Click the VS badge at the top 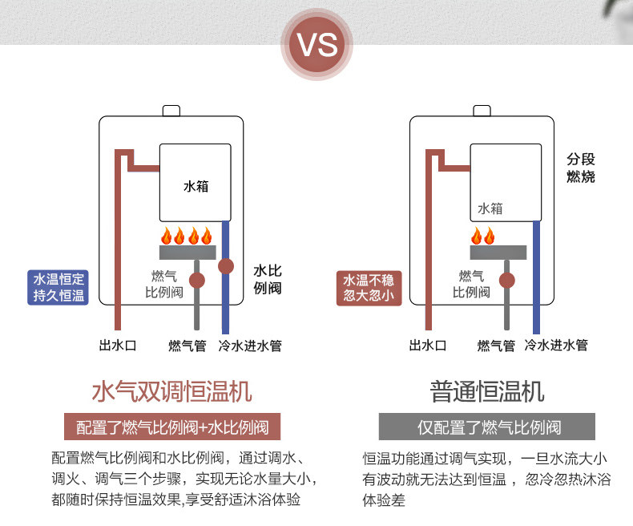317,44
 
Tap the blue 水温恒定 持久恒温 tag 58,287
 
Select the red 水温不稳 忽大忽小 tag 369,288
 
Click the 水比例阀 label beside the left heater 268,279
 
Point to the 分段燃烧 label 581,168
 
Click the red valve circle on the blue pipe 226,266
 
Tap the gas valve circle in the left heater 197,281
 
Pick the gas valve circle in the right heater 507,281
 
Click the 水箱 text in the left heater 196,186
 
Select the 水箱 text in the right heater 490,208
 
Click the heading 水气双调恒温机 172,391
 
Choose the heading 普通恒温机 487,391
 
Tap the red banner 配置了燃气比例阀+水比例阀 172,427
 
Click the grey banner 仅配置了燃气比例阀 487,427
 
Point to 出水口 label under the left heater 118,346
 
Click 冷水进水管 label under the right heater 556,345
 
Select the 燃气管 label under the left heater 187,346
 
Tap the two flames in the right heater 483,236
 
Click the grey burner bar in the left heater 187,253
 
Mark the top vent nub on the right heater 482,111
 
